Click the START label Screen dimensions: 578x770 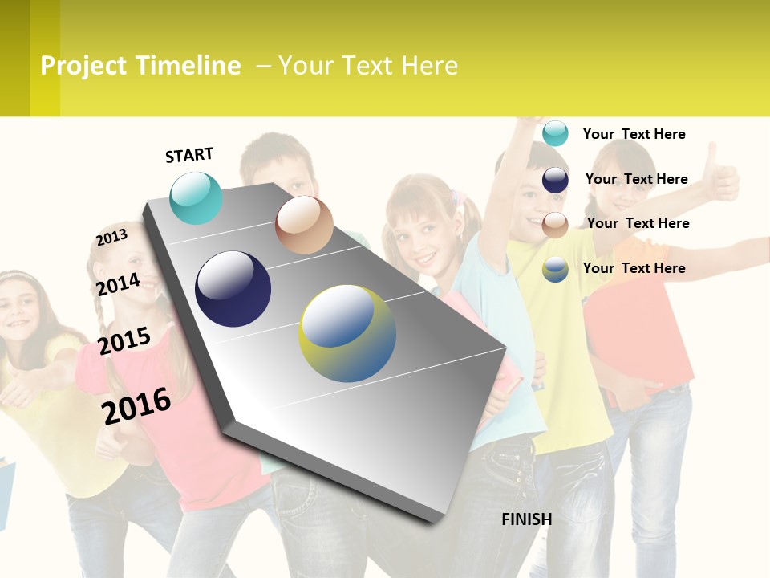[x=189, y=155]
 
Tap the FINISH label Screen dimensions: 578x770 [x=527, y=519]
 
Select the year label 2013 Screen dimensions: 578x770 [x=111, y=238]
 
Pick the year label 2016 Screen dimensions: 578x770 [x=136, y=406]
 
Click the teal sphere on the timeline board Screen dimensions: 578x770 [x=196, y=197]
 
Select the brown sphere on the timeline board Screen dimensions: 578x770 [x=304, y=225]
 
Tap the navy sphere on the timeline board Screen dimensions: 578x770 [x=233, y=289]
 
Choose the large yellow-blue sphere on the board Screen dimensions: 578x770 [x=347, y=333]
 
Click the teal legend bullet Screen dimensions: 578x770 [x=555, y=133]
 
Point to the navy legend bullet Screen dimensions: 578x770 [x=555, y=180]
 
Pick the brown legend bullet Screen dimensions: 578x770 [x=555, y=225]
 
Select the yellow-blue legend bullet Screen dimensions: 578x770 [x=555, y=269]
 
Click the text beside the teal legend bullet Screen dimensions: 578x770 [x=634, y=134]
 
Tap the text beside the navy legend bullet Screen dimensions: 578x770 [x=636, y=179]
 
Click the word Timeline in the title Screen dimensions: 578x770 [x=188, y=66]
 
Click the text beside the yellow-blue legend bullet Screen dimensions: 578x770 [x=634, y=268]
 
